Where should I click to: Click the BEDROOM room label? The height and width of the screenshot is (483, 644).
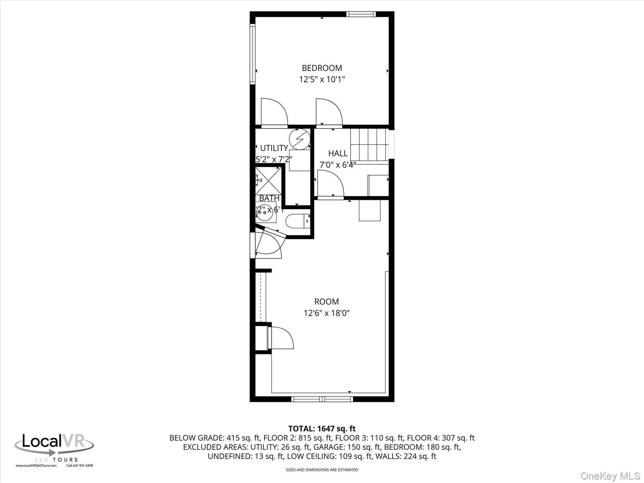[x=322, y=68]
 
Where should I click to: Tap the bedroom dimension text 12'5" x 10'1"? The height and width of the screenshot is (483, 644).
[x=322, y=79]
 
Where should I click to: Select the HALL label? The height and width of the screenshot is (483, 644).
[x=338, y=153]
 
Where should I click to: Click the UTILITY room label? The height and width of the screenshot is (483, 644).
[x=274, y=148]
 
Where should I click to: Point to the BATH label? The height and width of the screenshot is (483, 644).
[x=269, y=198]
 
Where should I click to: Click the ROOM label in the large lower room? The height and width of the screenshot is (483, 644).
[x=326, y=302]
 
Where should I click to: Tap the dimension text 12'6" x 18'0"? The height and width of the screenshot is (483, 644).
[x=326, y=313]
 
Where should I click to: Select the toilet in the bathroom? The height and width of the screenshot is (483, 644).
[x=297, y=221]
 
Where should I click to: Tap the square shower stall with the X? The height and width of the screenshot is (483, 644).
[x=268, y=181]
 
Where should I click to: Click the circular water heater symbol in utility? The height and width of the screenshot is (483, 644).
[x=299, y=139]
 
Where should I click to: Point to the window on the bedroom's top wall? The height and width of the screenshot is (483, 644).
[x=361, y=14]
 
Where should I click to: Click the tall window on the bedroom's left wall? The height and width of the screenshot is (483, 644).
[x=252, y=54]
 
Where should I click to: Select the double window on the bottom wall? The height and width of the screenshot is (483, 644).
[x=322, y=399]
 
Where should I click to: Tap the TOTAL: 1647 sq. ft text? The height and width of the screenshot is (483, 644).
[x=322, y=429]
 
